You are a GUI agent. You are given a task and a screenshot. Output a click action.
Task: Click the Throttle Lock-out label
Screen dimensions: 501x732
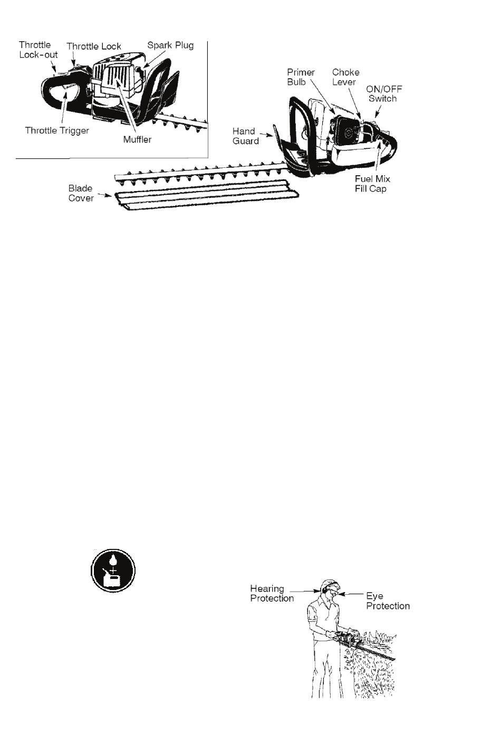38,50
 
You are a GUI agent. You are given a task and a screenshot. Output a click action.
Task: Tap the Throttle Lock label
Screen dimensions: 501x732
94,46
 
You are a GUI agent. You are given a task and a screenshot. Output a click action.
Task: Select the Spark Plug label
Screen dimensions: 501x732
170,45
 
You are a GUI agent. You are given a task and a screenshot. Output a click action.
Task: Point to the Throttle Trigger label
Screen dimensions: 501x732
57,131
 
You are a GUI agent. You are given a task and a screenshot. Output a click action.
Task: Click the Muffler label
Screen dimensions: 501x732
138,139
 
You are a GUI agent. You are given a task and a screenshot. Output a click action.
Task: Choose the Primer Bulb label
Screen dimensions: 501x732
301,77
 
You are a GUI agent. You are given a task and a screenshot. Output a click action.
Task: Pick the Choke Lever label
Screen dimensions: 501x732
345,77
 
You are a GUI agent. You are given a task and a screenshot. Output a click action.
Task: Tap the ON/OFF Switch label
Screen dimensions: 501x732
384,94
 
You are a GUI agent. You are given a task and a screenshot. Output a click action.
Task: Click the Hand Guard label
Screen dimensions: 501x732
245,136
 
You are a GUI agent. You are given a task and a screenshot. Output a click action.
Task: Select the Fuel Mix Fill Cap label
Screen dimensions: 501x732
372,184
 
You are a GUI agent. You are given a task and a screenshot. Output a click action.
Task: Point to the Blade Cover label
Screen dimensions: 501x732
81,193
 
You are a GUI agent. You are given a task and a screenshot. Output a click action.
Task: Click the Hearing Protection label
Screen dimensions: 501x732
272,593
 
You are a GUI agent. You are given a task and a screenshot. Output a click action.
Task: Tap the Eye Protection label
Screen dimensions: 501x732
388,601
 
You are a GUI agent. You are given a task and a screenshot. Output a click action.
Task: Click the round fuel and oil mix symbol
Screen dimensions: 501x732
113,571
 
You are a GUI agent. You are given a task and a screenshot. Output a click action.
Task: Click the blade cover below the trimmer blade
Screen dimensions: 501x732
207,195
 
